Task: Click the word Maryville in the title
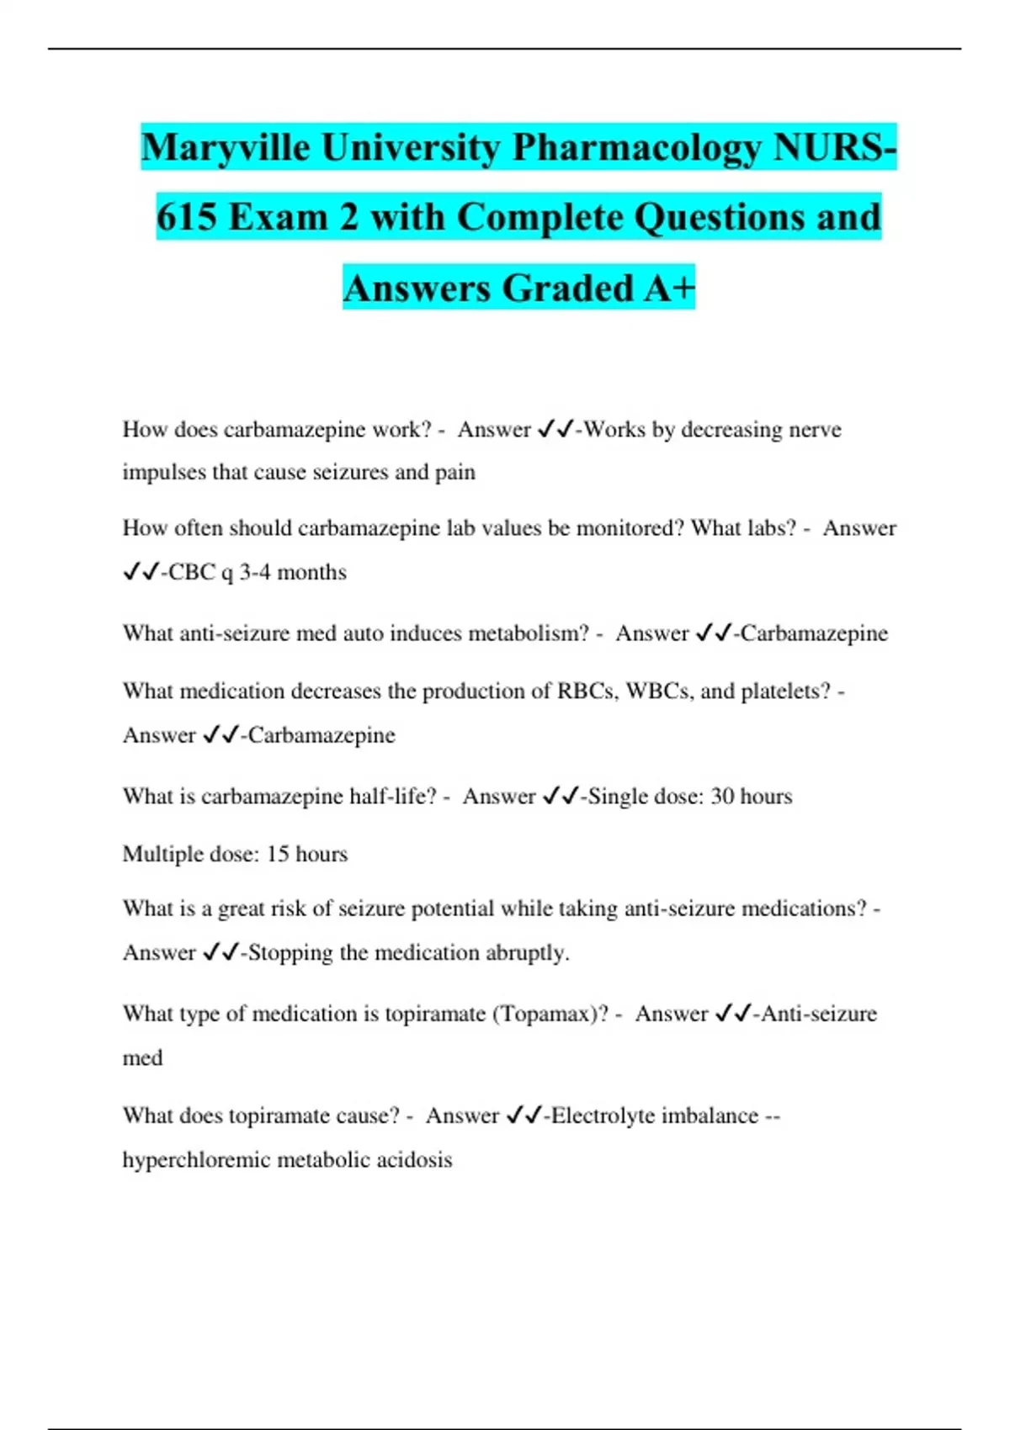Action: point(225,148)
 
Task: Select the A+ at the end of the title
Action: point(669,289)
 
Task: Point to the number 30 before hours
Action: point(723,797)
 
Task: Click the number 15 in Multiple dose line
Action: point(278,855)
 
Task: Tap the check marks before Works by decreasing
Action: point(555,430)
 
